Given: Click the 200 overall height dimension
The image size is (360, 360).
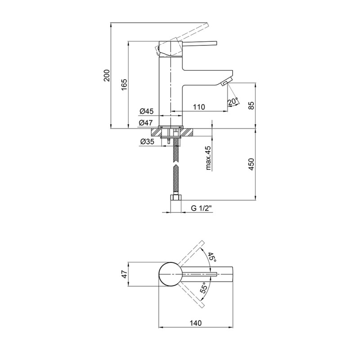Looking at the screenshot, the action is pyautogui.click(x=107, y=75).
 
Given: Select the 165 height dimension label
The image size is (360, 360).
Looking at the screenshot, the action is pyautogui.click(x=124, y=85).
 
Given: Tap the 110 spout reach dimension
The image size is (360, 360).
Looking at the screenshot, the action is pyautogui.click(x=199, y=107).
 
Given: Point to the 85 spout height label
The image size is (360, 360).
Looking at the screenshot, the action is pyautogui.click(x=252, y=105).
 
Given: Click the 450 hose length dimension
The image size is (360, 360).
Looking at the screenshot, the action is pyautogui.click(x=252, y=164).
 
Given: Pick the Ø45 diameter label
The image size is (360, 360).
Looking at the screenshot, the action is pyautogui.click(x=146, y=111).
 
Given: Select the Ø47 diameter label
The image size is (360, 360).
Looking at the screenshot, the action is pyautogui.click(x=145, y=123).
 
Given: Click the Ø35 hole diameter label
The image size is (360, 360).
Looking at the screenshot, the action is pyautogui.click(x=147, y=142).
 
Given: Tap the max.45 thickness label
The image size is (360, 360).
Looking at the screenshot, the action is pyautogui.click(x=208, y=158).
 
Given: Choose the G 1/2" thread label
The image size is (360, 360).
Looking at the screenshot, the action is pyautogui.click(x=201, y=208).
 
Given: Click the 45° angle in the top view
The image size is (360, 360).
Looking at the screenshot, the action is pyautogui.click(x=212, y=257).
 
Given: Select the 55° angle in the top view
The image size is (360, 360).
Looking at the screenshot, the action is pyautogui.click(x=204, y=288).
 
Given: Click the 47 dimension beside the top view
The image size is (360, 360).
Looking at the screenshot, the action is pyautogui.click(x=124, y=274).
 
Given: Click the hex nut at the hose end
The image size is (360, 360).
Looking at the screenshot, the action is pyautogui.click(x=175, y=198).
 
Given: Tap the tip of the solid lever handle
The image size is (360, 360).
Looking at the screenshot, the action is pyautogui.click(x=216, y=43).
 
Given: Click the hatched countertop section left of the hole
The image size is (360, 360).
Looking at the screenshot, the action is pyautogui.click(x=156, y=133).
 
